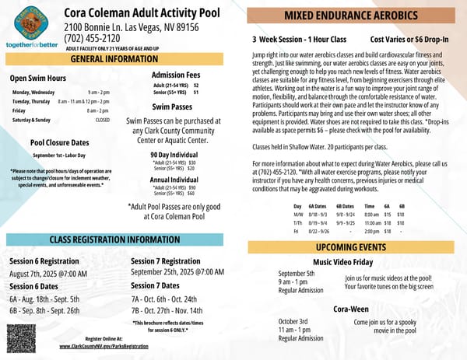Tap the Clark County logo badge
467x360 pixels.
[x=30, y=21]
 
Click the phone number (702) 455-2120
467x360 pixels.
[x=93, y=38]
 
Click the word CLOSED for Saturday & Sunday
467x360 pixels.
[x=102, y=121]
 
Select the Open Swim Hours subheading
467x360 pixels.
[x=37, y=78]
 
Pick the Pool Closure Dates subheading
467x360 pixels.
[x=59, y=143]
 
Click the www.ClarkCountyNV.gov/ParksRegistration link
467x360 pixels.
[x=104, y=346]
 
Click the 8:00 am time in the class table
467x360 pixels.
[x=371, y=214]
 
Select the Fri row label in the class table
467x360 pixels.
[x=297, y=231]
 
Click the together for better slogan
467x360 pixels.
[x=32, y=45]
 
